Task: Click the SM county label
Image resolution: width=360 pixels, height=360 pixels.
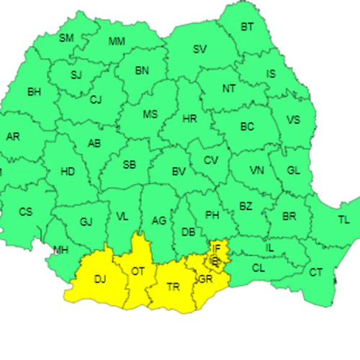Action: [66, 37]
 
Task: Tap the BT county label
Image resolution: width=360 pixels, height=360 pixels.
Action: [247, 27]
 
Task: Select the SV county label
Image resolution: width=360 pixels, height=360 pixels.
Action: [199, 49]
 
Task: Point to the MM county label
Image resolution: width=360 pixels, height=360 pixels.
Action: [117, 41]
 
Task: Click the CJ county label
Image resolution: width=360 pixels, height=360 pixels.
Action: [96, 99]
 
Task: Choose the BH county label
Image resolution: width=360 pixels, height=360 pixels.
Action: [34, 91]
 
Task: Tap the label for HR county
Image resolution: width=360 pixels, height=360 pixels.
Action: [190, 118]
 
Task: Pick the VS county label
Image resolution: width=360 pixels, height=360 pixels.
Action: [293, 120]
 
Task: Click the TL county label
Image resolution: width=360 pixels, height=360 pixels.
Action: [343, 220]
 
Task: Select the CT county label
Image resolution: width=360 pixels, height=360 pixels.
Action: [315, 272]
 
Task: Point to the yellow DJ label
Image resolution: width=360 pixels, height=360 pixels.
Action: [100, 279]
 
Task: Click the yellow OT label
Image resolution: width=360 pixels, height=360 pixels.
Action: [137, 271]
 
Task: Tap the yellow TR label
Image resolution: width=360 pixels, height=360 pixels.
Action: [173, 287]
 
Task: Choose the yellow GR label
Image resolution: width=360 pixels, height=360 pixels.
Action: [205, 279]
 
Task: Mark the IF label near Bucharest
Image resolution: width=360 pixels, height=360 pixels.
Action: [215, 248]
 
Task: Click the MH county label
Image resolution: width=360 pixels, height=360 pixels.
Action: [62, 250]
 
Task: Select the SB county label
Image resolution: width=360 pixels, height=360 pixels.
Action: [129, 165]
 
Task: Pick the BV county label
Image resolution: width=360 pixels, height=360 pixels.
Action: [179, 171]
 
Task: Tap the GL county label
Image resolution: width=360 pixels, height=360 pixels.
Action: [293, 171]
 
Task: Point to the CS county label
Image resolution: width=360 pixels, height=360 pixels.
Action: [25, 212]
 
